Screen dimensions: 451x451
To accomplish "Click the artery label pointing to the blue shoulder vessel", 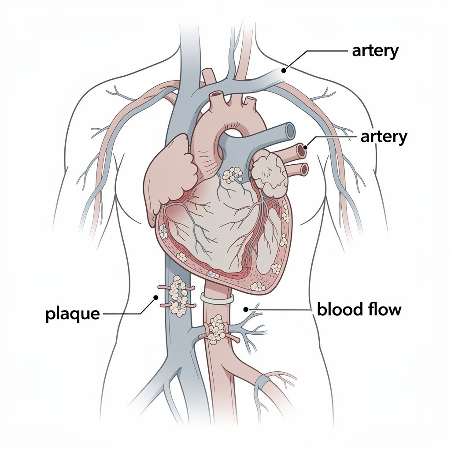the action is pyautogui.click(x=375, y=51).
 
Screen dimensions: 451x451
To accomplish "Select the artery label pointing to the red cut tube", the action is pyautogui.click(x=384, y=137).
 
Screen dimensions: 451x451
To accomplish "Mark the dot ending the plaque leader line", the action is pyautogui.click(x=156, y=297).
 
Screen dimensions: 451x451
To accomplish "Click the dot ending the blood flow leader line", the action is pyautogui.click(x=246, y=310).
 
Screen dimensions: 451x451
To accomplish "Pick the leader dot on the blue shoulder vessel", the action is pyautogui.click(x=284, y=70).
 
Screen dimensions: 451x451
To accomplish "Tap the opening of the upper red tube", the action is pyautogui.click(x=301, y=151).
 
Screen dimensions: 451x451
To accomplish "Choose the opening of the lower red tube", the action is pyautogui.click(x=304, y=169).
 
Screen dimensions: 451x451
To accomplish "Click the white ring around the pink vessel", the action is pyautogui.click(x=217, y=298).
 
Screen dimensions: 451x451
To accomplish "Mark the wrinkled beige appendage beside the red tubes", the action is pyautogui.click(x=270, y=174).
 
